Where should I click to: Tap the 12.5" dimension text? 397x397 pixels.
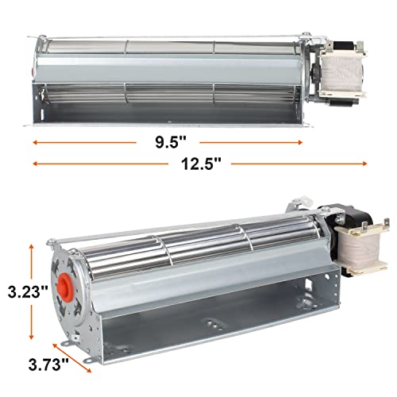198,163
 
